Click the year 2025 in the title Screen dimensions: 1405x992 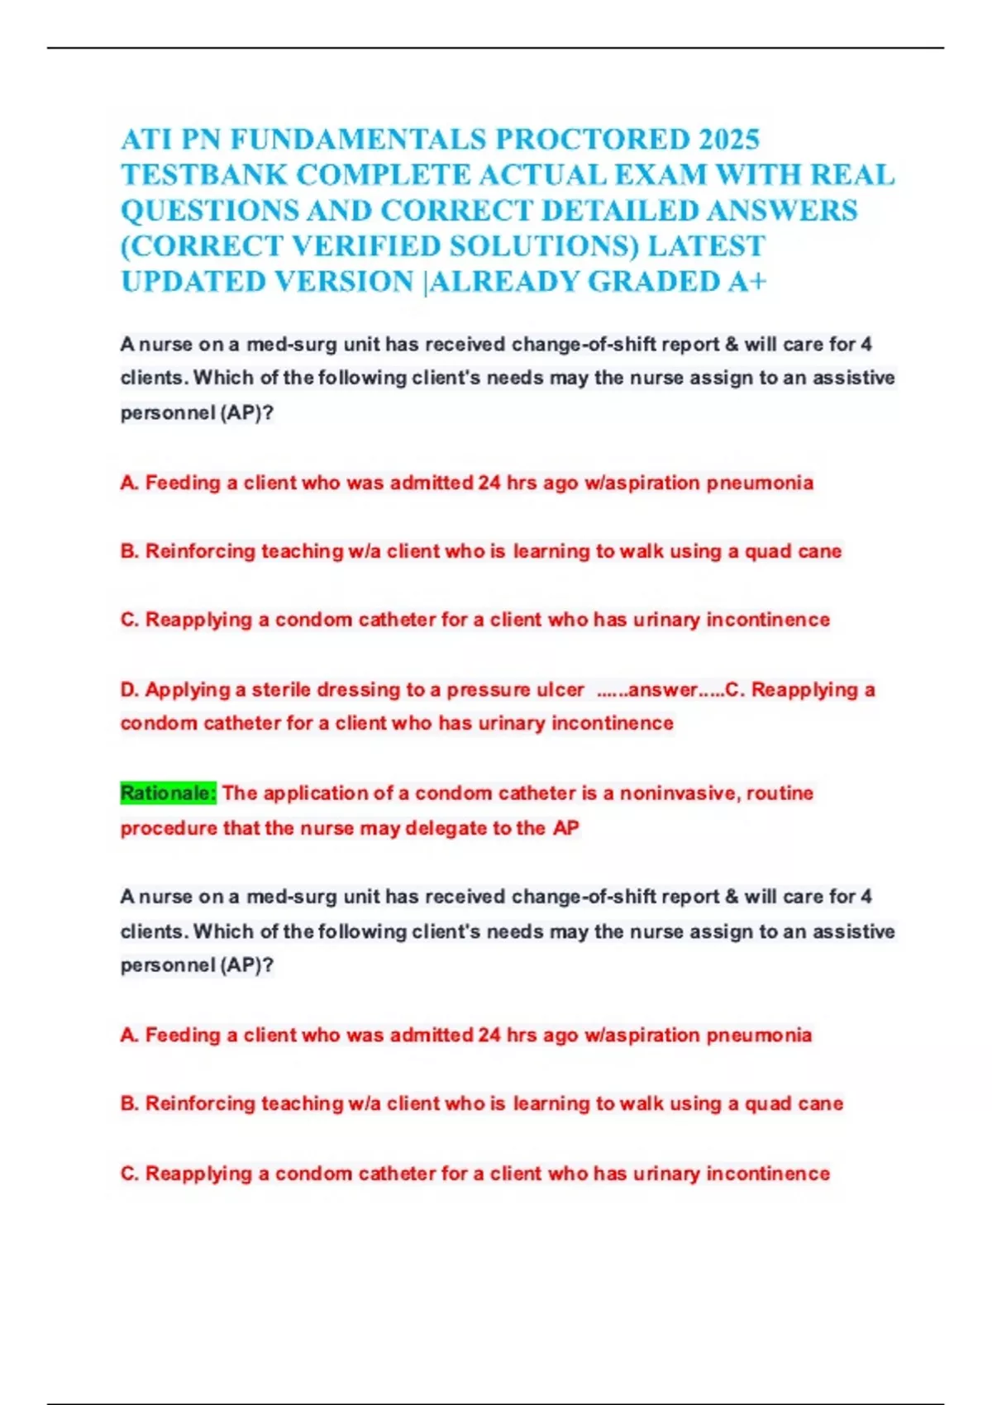tap(728, 139)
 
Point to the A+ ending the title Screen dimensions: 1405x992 tap(747, 281)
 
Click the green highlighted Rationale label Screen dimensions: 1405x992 tap(169, 793)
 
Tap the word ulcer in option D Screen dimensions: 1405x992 tap(561, 689)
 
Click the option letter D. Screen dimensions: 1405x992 tap(129, 689)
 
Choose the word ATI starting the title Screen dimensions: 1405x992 tap(146, 139)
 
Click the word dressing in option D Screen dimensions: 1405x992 tap(358, 689)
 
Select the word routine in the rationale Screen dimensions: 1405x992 tap(780, 793)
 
